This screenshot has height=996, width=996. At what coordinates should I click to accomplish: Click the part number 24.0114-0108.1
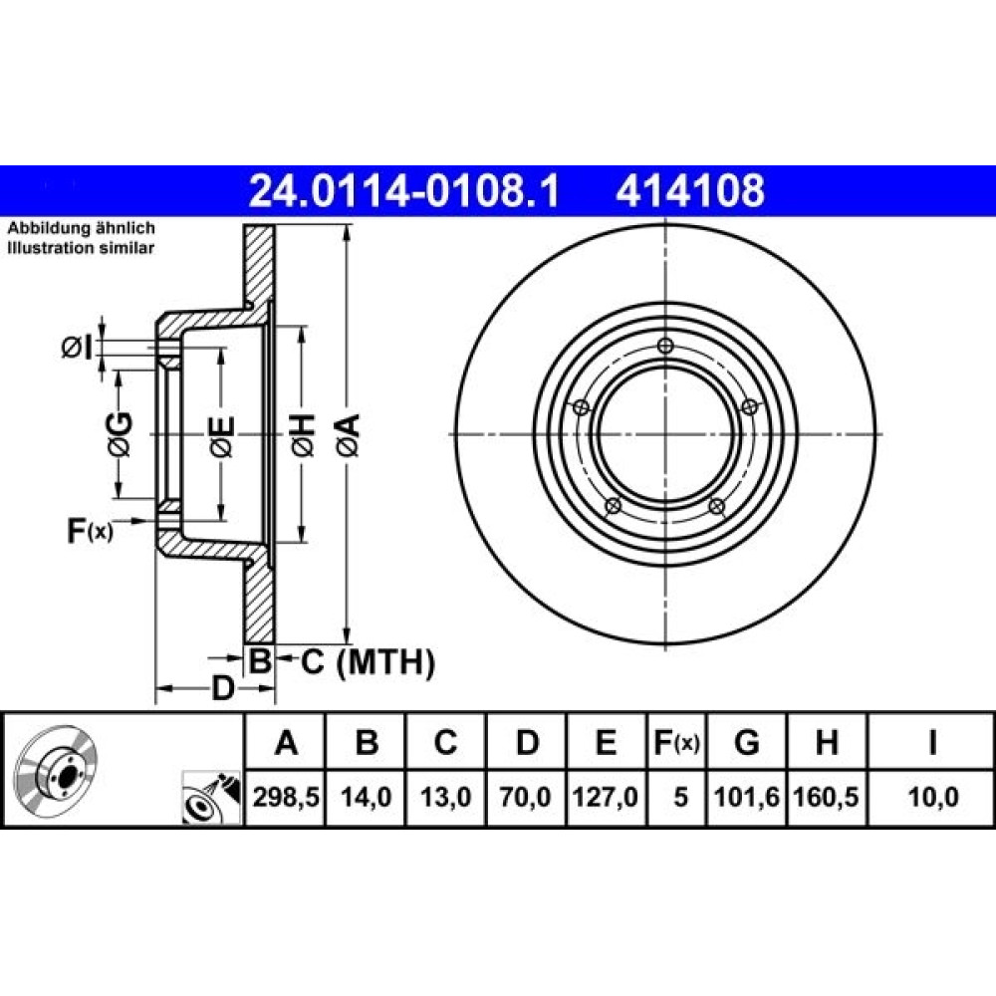click(x=404, y=191)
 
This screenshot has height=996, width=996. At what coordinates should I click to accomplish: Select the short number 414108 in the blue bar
click(x=690, y=191)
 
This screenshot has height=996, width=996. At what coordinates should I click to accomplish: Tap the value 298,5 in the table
click(x=286, y=797)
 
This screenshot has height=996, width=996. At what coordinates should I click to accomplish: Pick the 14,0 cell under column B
click(x=366, y=797)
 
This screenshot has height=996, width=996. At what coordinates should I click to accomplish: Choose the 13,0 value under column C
click(x=446, y=797)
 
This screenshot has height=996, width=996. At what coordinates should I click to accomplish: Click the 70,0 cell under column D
click(x=525, y=797)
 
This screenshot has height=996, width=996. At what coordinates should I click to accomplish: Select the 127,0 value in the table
click(x=606, y=797)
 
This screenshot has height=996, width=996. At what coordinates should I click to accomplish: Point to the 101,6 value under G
click(x=746, y=797)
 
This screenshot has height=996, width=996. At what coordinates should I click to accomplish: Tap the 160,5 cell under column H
click(x=826, y=797)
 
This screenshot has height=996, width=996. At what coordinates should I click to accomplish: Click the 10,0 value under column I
click(x=933, y=797)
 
